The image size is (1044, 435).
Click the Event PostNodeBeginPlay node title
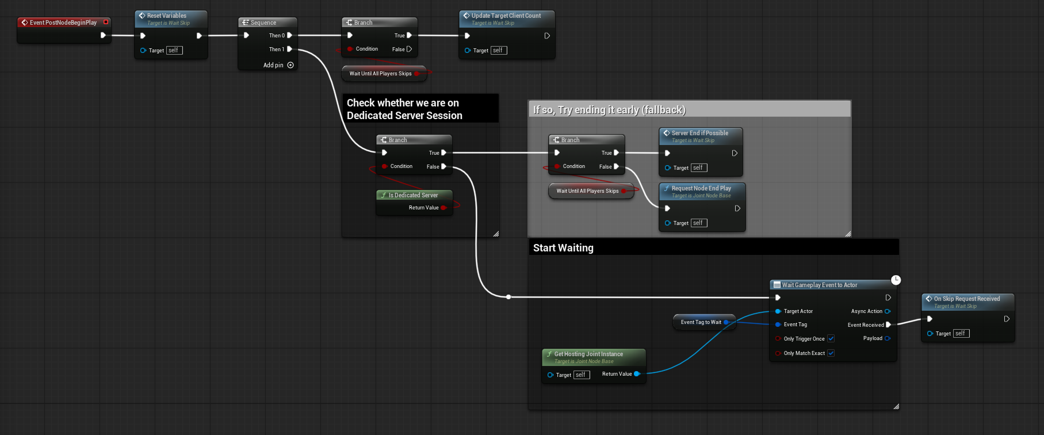[x=63, y=22]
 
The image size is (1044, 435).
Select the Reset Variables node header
[x=167, y=16]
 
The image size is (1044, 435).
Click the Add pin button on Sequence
[x=290, y=65]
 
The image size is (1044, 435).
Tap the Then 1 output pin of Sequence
[x=289, y=49]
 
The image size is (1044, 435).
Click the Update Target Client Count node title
[x=506, y=16]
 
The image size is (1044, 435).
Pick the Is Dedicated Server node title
[x=413, y=195]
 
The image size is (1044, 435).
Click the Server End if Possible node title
[x=699, y=133]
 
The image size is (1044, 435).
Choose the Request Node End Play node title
[x=701, y=188]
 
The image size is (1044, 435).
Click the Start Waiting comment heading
[x=563, y=248]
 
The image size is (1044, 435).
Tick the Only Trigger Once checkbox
[x=831, y=338]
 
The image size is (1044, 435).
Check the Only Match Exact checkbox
[x=831, y=353]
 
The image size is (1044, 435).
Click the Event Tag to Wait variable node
[x=701, y=322]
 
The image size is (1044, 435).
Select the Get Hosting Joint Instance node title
[x=588, y=354]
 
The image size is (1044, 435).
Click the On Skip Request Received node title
[x=967, y=299]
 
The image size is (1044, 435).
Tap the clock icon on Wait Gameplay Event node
[x=896, y=280]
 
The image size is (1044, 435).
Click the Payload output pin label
[x=873, y=338]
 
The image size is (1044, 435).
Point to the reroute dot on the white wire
[x=508, y=297]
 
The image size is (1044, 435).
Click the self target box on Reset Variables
[x=174, y=51]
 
